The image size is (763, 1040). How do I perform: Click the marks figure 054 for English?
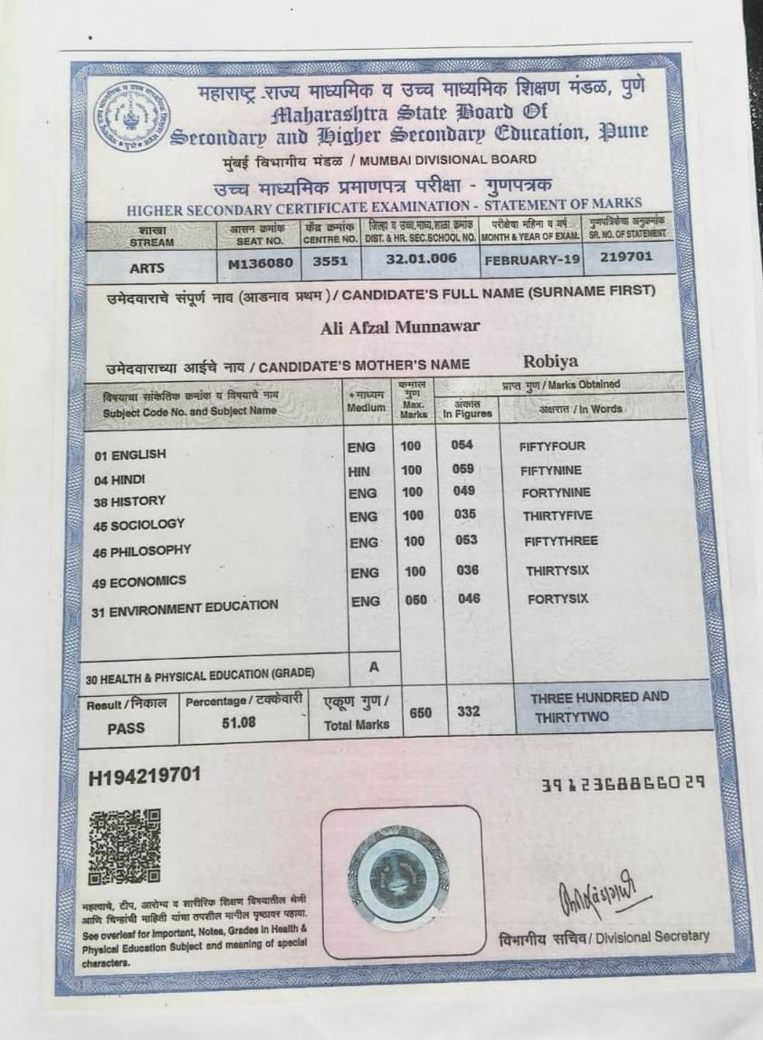[x=463, y=445]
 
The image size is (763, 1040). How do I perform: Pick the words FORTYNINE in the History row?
[x=556, y=492]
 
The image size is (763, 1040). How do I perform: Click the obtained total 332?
[x=469, y=711]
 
